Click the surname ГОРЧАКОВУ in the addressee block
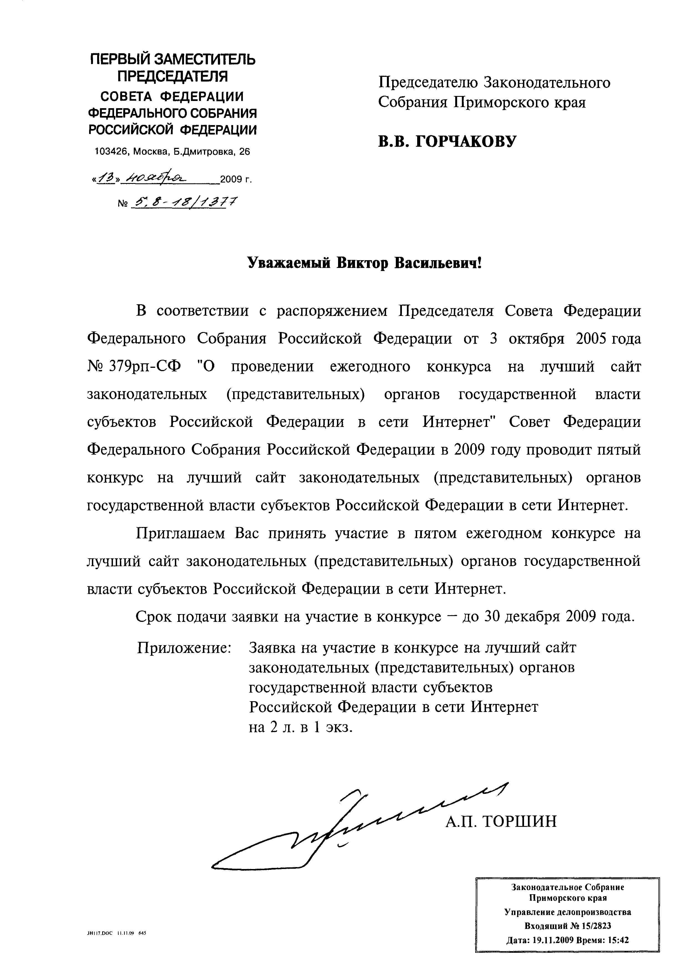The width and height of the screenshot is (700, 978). click(465, 141)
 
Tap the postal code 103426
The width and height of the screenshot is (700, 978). click(111, 152)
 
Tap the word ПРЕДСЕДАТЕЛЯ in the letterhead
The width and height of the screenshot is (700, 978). click(172, 76)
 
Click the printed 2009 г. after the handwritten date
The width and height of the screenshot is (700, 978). click(235, 179)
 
